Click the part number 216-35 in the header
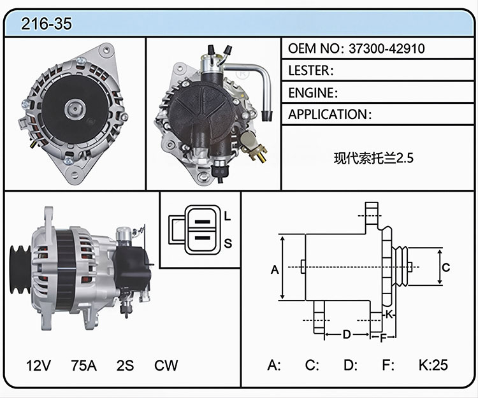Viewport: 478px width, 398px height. tap(47, 24)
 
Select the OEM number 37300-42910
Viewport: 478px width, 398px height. tap(387, 48)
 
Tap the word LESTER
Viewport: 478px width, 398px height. tap(309, 71)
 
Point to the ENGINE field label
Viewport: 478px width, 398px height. tap(311, 93)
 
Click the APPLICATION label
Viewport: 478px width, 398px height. tap(328, 115)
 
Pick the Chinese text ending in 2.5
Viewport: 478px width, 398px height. tap(373, 158)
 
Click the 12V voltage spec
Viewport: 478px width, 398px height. tap(38, 365)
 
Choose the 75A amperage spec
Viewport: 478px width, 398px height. tap(84, 365)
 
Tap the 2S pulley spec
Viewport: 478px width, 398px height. tap(125, 365)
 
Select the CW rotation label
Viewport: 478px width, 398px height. tap(166, 365)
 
